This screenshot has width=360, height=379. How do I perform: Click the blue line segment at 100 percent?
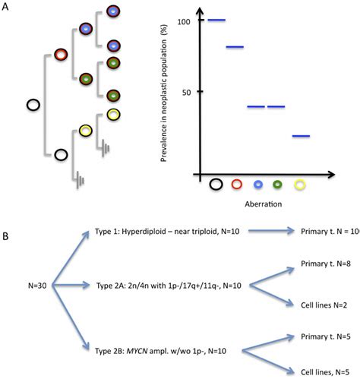click(x=216, y=20)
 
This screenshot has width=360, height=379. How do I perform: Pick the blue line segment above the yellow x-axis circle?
click(x=302, y=136)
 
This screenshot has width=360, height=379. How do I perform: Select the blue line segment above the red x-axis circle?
click(x=235, y=47)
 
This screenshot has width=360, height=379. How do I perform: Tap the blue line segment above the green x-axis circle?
click(x=276, y=106)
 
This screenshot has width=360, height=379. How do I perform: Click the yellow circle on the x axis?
click(x=301, y=184)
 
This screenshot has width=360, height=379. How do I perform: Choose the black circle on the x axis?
click(x=216, y=183)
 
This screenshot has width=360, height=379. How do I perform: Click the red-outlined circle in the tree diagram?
click(x=61, y=56)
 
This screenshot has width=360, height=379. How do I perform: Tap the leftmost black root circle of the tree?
click(x=33, y=105)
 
